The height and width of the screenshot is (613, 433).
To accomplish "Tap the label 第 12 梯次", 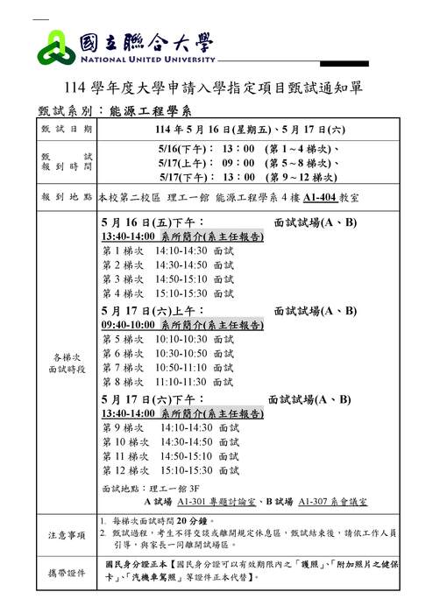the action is [122, 470].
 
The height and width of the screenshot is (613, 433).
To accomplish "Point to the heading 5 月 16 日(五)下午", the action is [153, 222].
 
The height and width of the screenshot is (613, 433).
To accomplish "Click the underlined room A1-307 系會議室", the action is [332, 503].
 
